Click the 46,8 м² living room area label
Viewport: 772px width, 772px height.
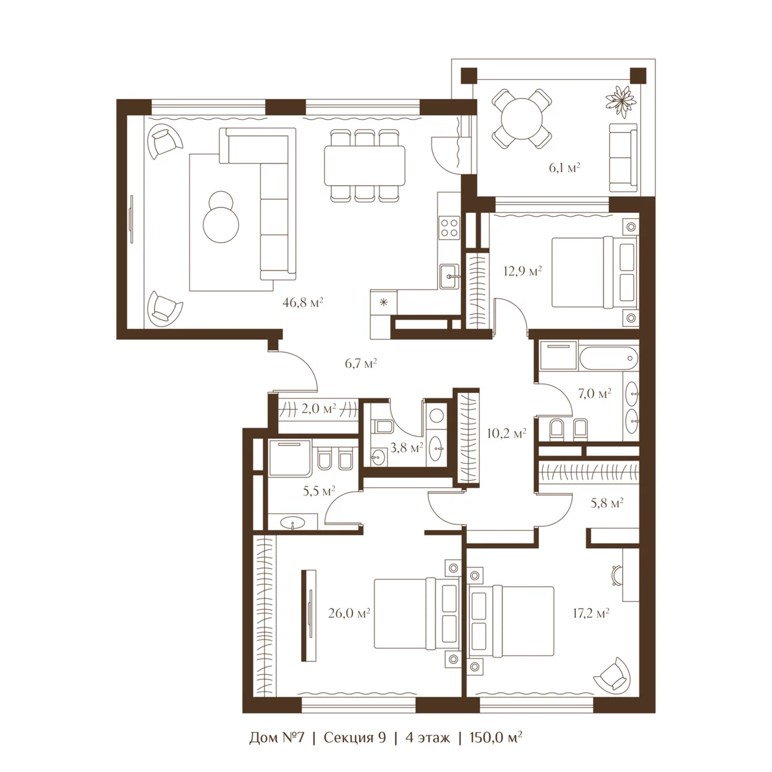pyautogui.click(x=302, y=302)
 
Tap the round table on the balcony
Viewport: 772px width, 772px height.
pyautogui.click(x=522, y=118)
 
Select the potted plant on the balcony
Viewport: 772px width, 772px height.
pyautogui.click(x=621, y=101)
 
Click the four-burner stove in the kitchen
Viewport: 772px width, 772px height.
pyautogui.click(x=449, y=227)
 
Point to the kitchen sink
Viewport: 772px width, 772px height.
pyautogui.click(x=450, y=276)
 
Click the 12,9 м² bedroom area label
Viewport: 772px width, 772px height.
pyautogui.click(x=522, y=271)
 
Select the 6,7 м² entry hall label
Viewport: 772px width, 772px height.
pyautogui.click(x=360, y=363)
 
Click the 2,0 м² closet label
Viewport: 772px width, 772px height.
pyautogui.click(x=318, y=409)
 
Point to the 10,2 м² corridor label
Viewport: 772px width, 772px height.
pyautogui.click(x=506, y=433)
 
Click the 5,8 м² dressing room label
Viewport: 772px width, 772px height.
pyautogui.click(x=607, y=503)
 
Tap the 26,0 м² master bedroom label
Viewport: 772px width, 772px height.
pyautogui.click(x=349, y=613)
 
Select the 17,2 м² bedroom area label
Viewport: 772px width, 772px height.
pyautogui.click(x=591, y=613)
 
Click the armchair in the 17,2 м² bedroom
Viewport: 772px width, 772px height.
pyautogui.click(x=612, y=674)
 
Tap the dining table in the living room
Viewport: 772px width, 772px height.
pyautogui.click(x=365, y=165)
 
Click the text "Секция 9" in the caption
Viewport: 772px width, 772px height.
pyautogui.click(x=354, y=737)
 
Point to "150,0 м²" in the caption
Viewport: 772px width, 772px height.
pyautogui.click(x=496, y=737)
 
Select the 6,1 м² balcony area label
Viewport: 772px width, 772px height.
pyautogui.click(x=564, y=167)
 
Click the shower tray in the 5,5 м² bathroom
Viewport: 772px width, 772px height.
pyautogui.click(x=290, y=458)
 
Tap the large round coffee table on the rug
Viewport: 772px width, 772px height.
pyautogui.click(x=221, y=224)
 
